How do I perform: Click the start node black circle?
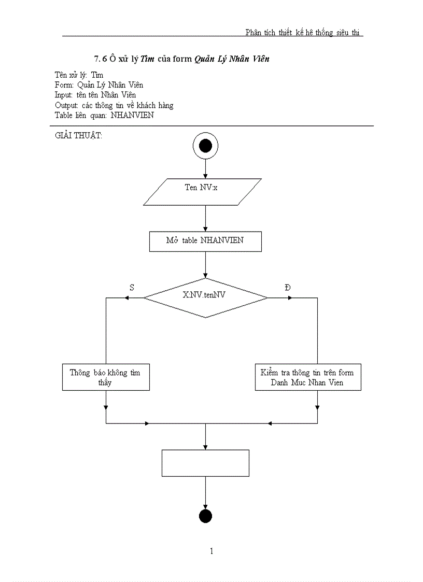[x=205, y=146]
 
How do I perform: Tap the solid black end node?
[x=205, y=516]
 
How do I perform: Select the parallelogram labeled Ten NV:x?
[x=202, y=192]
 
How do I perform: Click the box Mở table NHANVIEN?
[x=205, y=242]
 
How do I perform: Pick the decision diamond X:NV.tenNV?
[x=205, y=297]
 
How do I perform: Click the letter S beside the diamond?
[x=132, y=287]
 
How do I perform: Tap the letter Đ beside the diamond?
[x=288, y=287]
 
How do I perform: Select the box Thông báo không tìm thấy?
[x=105, y=377]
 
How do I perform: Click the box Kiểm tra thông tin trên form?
[x=308, y=377]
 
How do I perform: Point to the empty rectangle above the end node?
[x=205, y=463]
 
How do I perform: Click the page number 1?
[x=212, y=551]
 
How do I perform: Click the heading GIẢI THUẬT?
[x=78, y=136]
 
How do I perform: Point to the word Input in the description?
[x=64, y=95]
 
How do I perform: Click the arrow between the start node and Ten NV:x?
[x=205, y=168]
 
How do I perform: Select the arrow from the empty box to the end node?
[x=205, y=492]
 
